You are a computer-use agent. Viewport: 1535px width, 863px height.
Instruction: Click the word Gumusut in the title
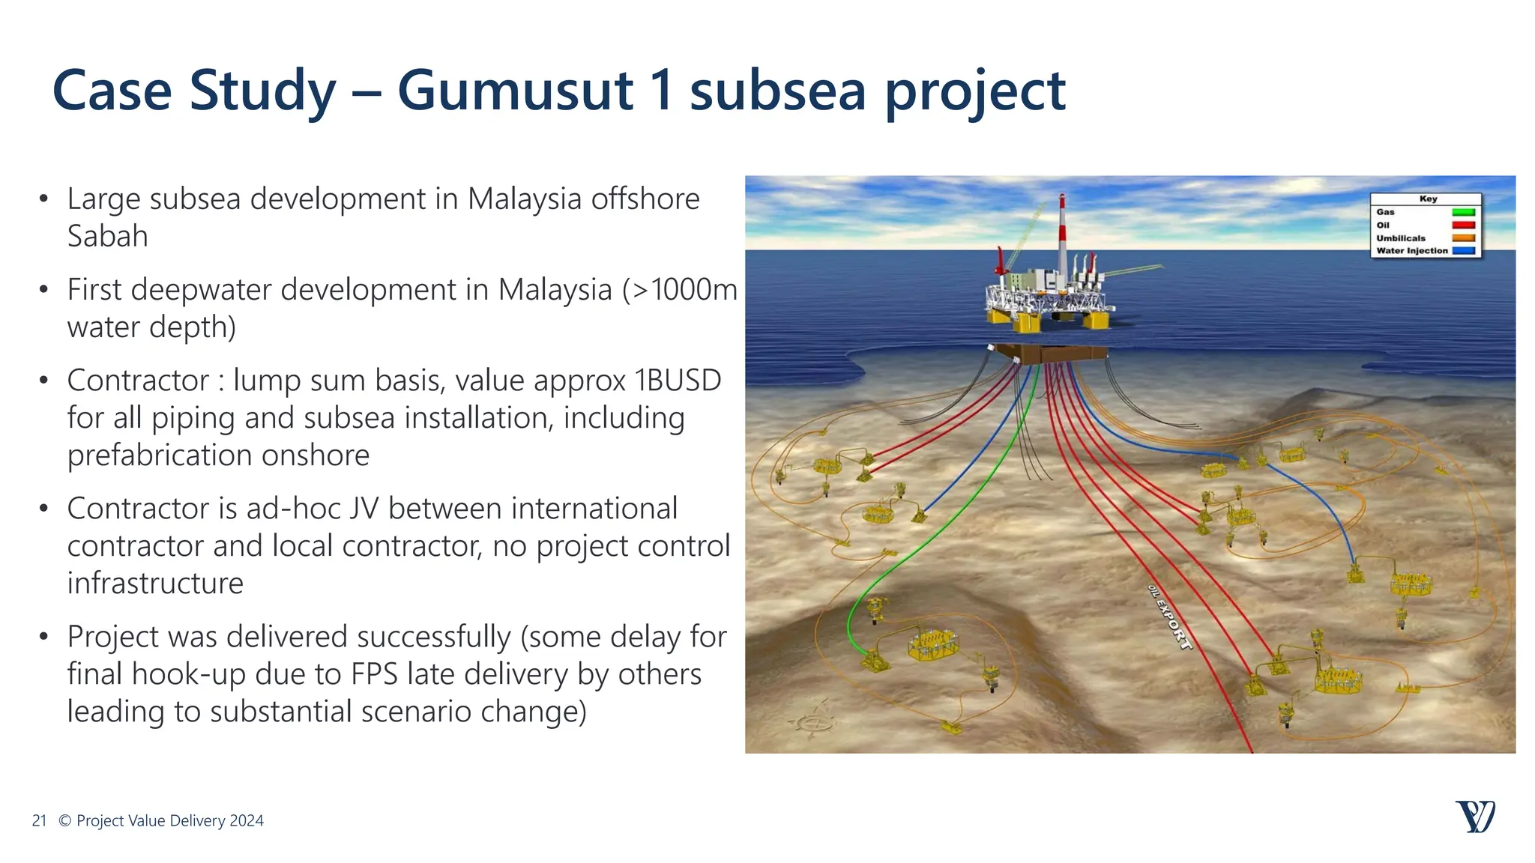point(515,91)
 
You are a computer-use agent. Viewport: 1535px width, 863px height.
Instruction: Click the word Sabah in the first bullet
point(107,237)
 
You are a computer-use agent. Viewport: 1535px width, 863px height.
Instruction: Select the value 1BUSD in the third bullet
point(678,381)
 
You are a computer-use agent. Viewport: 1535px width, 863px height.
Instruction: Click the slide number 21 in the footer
point(39,821)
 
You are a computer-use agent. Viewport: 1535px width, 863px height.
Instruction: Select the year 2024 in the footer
point(247,821)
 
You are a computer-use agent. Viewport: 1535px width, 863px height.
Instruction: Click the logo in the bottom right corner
point(1475,817)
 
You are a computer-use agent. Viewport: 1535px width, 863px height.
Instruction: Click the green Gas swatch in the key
point(1463,213)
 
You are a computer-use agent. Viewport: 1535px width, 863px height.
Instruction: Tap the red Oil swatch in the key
point(1463,225)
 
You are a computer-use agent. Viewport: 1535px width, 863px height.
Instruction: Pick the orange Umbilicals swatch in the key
point(1463,238)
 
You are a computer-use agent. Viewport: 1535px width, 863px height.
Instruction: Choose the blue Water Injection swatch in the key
point(1463,251)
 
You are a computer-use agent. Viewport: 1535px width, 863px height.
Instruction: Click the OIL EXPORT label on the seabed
point(1169,617)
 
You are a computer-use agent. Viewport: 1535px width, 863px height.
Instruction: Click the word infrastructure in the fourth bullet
point(155,584)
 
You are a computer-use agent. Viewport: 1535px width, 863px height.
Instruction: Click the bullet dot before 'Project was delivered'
point(44,637)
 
